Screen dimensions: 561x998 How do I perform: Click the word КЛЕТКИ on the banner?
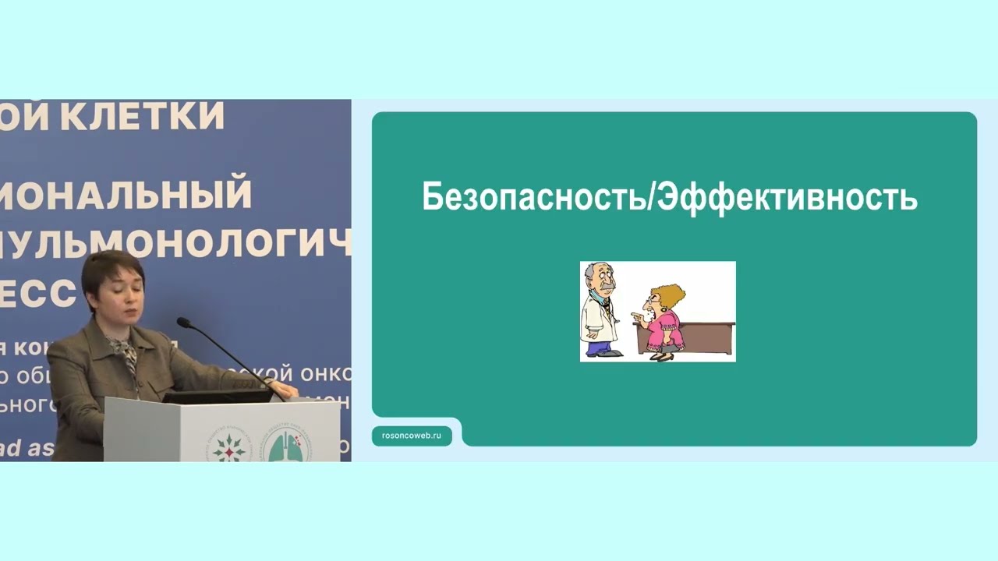[x=143, y=116]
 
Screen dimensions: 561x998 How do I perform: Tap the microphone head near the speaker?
[x=184, y=322]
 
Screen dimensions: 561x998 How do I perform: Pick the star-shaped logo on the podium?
[x=228, y=446]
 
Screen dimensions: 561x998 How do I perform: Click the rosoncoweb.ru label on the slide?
[x=412, y=436]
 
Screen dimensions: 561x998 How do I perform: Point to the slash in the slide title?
[x=650, y=198]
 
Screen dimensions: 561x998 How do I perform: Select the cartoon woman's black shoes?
[x=664, y=357]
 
